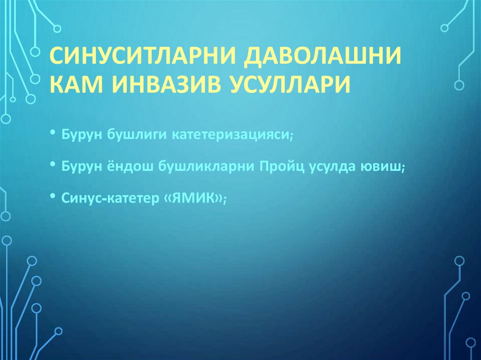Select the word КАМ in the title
coord(74,85)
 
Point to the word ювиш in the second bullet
coord(384,167)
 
